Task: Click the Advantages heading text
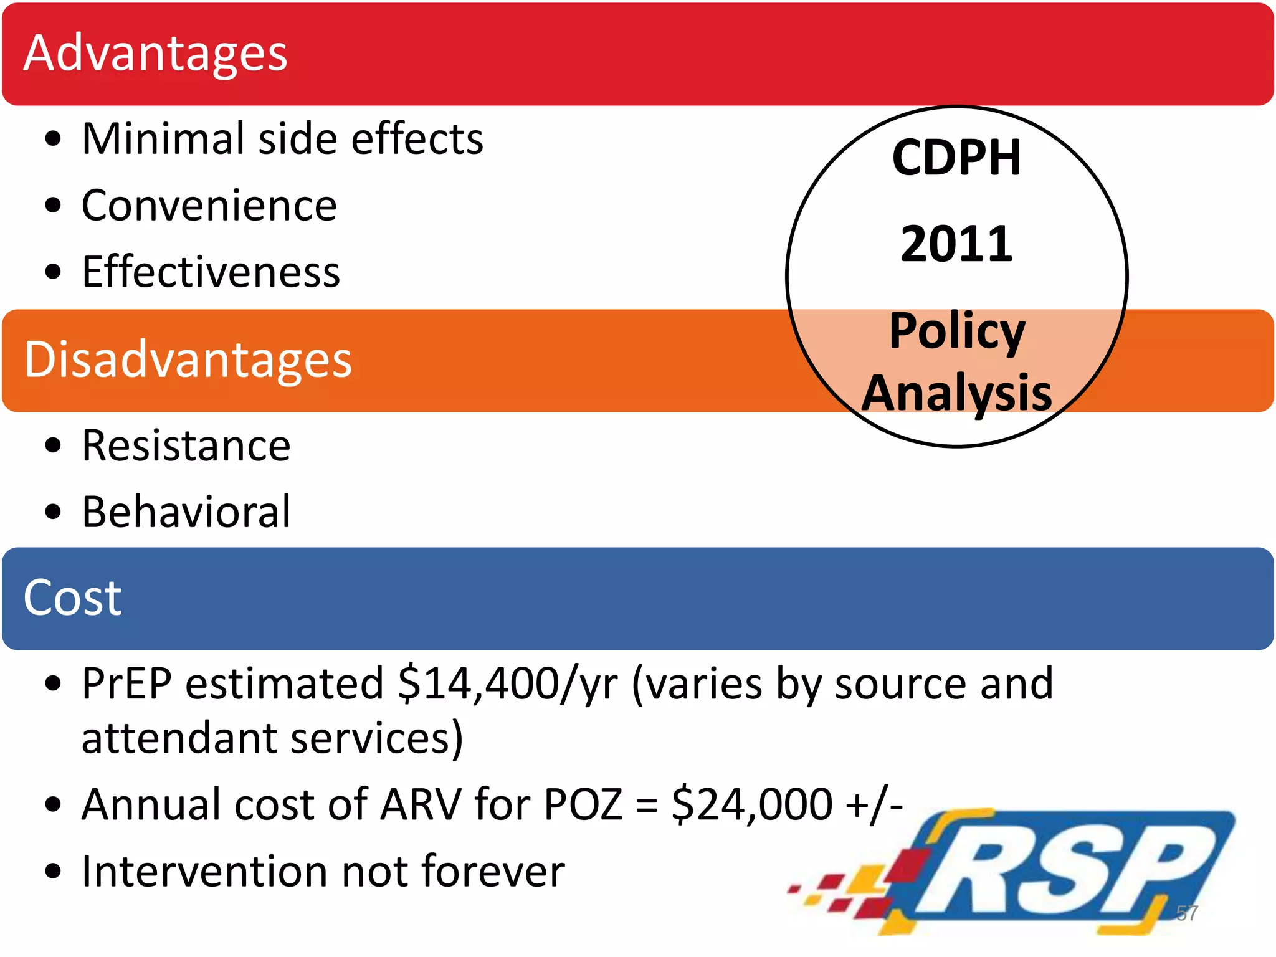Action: pos(155,54)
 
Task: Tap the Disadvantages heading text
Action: pos(188,360)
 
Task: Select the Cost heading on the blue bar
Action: pos(72,598)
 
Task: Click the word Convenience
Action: pos(209,206)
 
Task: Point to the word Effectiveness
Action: pos(211,272)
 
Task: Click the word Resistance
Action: pos(186,446)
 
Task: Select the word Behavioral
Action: pos(186,512)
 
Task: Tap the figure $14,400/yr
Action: pos(508,685)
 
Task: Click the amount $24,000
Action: pos(752,805)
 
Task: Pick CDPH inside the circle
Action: pos(956,158)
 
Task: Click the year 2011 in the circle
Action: pos(956,244)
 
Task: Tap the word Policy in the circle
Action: pos(956,331)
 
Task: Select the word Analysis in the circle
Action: pos(956,393)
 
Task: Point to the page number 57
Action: pos(1186,913)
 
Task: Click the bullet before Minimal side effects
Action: pos(54,139)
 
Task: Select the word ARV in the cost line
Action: pos(421,805)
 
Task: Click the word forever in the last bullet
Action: pos(493,871)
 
